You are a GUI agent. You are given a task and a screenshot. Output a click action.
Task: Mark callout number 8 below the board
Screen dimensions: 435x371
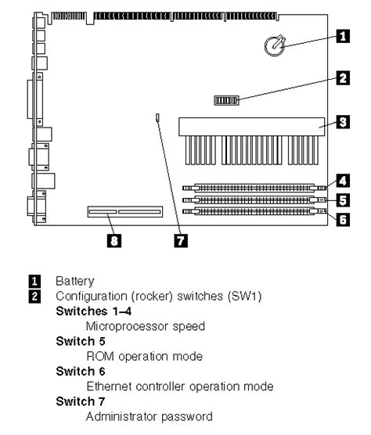click(x=114, y=242)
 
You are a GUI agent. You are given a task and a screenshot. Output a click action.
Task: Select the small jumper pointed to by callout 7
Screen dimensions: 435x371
click(x=157, y=119)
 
